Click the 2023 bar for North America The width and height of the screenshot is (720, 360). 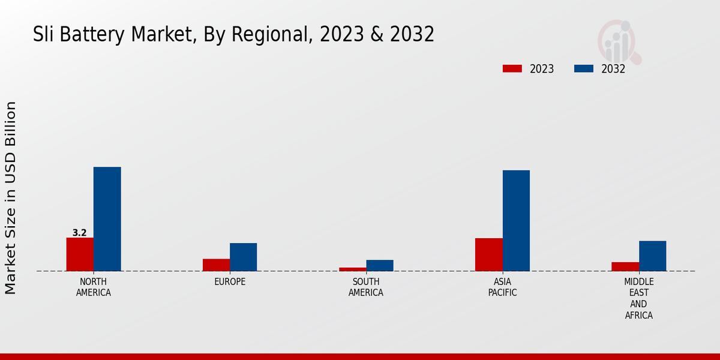[80, 254]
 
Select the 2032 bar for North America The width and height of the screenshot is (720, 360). [107, 219]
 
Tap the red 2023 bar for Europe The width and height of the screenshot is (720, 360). [216, 265]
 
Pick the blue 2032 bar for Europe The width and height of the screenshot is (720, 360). [243, 257]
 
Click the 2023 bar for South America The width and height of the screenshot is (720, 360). [352, 269]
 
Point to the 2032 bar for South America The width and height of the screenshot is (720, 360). [380, 265]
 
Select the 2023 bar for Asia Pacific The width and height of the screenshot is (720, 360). [488, 254]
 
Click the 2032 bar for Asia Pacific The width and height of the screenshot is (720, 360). [516, 221]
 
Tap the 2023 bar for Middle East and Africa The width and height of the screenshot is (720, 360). [625, 266]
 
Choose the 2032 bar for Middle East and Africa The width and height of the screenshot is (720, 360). [652, 256]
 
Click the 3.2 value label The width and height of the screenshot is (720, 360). [79, 233]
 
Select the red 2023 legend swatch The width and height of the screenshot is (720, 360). [512, 68]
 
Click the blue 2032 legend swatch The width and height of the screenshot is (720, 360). [583, 68]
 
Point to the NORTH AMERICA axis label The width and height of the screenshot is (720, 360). [94, 287]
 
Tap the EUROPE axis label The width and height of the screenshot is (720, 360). [230, 281]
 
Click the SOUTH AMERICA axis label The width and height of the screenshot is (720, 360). [366, 287]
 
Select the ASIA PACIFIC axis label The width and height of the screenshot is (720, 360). [502, 287]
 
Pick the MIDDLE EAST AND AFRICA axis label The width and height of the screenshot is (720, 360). [638, 298]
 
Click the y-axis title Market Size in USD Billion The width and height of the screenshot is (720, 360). [11, 198]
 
